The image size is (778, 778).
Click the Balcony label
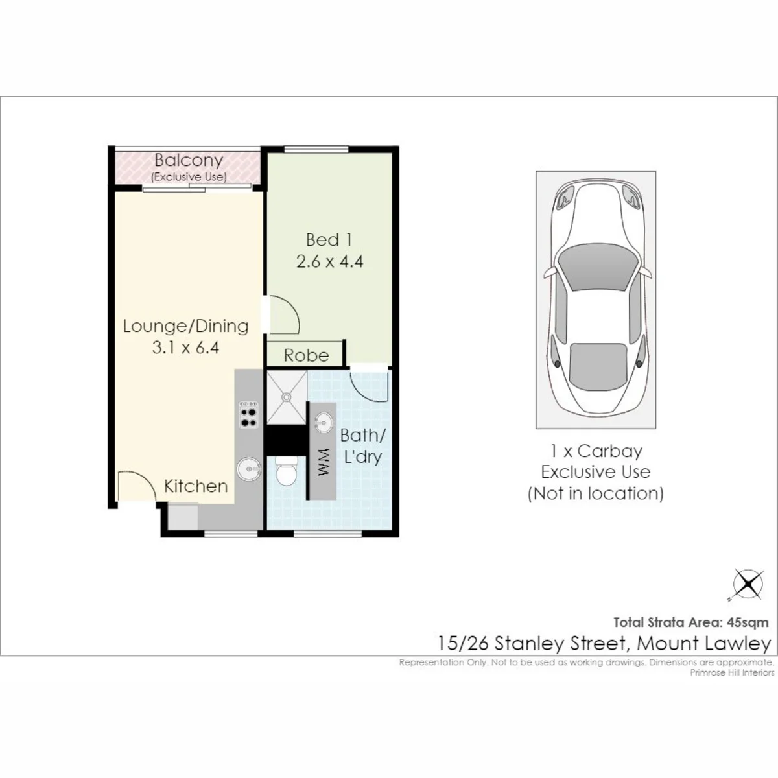pos(189,160)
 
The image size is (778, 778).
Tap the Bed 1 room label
pos(329,240)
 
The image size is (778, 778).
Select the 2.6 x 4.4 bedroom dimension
pos(329,262)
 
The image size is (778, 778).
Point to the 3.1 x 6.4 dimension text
pos(185,348)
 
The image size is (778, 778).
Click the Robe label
pos(306,356)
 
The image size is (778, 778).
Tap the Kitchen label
pos(196,486)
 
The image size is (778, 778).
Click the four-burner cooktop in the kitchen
pos(249,414)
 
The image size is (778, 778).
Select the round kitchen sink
pos(249,469)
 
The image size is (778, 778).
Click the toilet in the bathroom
pos(287,471)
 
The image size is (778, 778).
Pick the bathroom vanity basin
pos(324,423)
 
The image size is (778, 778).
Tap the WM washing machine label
pos(324,462)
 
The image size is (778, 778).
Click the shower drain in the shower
pos(287,397)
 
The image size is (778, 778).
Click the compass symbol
pos(748,584)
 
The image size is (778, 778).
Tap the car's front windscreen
pos(596,267)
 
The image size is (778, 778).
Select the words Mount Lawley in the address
pos(704,644)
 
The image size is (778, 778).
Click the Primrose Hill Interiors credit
pos(732,672)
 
